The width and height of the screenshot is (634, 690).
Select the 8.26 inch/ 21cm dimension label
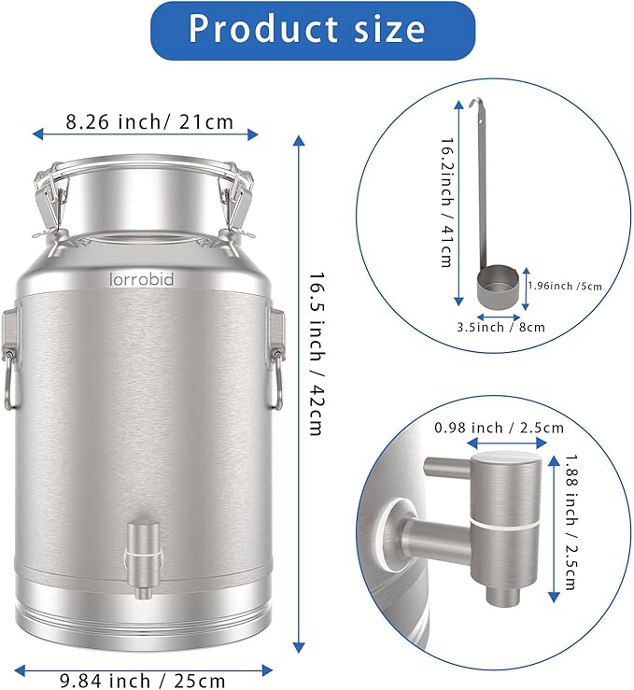point(148,121)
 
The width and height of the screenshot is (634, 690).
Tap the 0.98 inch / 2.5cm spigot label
point(499,428)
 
